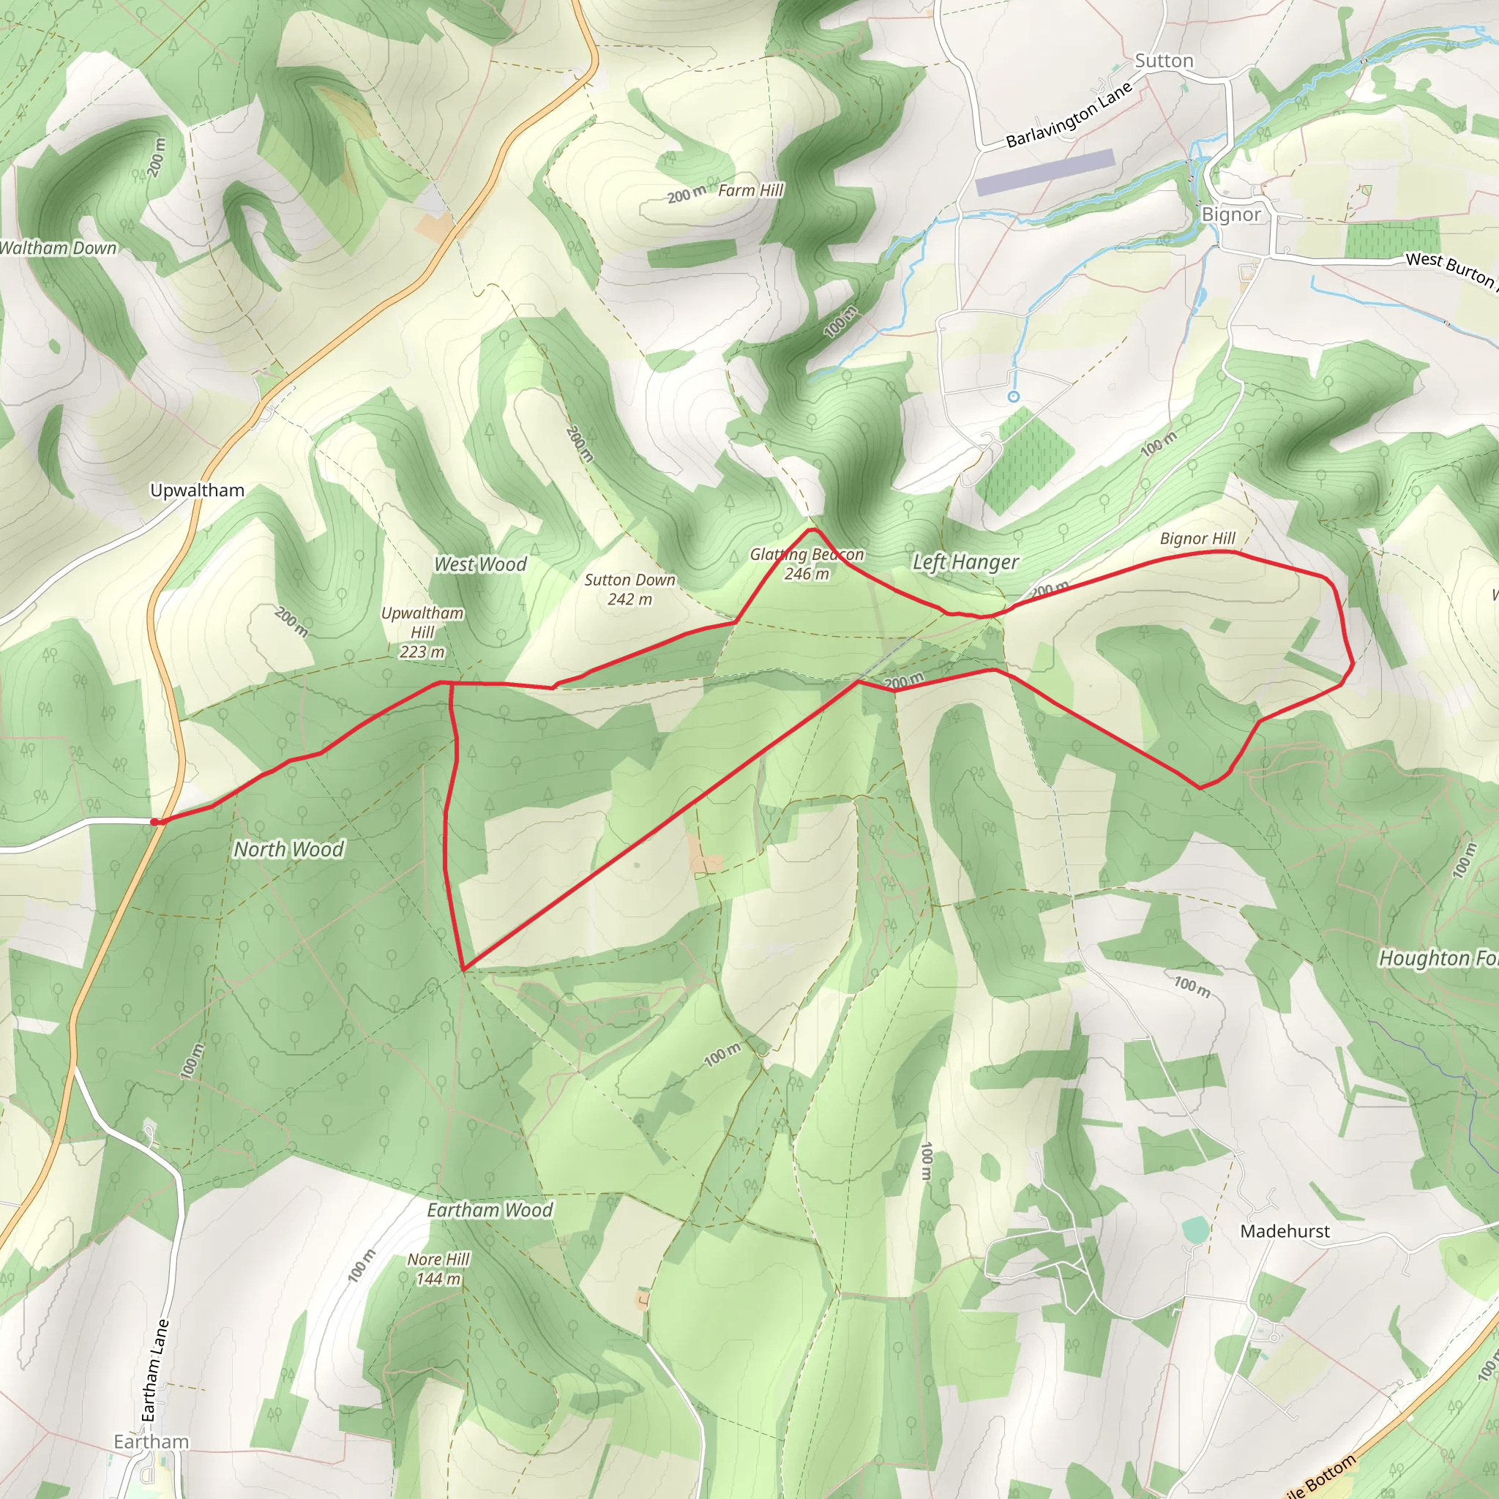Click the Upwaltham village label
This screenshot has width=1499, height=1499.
(197, 490)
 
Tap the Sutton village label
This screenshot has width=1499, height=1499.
(1164, 61)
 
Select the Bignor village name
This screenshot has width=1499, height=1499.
(1231, 214)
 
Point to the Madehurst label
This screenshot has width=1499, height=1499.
(1285, 1231)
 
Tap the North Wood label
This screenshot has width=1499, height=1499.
(288, 850)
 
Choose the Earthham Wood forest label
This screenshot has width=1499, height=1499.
(490, 1211)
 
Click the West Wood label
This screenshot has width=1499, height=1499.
(480, 565)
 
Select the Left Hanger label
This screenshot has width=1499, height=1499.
(965, 563)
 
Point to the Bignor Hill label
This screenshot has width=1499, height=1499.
(1197, 539)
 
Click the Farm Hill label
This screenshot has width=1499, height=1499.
(750, 191)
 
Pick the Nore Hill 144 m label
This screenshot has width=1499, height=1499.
(438, 1269)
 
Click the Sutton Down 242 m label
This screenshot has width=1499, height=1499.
(629, 590)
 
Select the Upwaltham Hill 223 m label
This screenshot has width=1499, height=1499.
(422, 632)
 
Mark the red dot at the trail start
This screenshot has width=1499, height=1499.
(155, 822)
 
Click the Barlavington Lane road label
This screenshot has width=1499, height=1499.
(1069, 116)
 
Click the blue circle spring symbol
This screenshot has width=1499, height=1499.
(1013, 397)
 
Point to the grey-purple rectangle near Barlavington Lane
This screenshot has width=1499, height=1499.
(1044, 173)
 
